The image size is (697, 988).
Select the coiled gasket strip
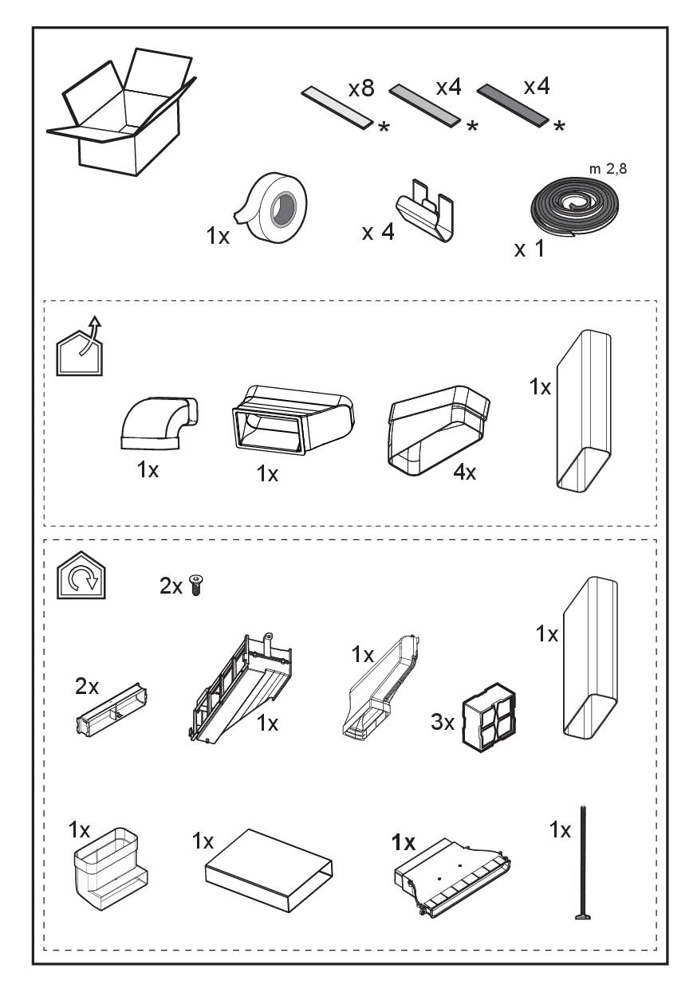click(x=574, y=207)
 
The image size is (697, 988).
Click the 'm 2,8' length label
click(x=608, y=168)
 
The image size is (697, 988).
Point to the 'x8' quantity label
click(x=361, y=88)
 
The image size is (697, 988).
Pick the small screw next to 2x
click(x=195, y=586)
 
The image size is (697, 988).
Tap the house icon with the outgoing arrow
click(x=80, y=348)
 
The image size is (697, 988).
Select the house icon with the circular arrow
click(x=81, y=575)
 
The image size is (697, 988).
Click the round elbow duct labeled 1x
click(x=159, y=423)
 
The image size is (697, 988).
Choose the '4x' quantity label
click(x=464, y=472)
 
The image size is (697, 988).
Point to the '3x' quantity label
click(x=443, y=723)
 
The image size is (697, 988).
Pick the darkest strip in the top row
click(x=513, y=105)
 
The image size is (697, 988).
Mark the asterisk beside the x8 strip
click(x=384, y=127)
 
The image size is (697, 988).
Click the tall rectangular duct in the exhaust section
click(x=584, y=410)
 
